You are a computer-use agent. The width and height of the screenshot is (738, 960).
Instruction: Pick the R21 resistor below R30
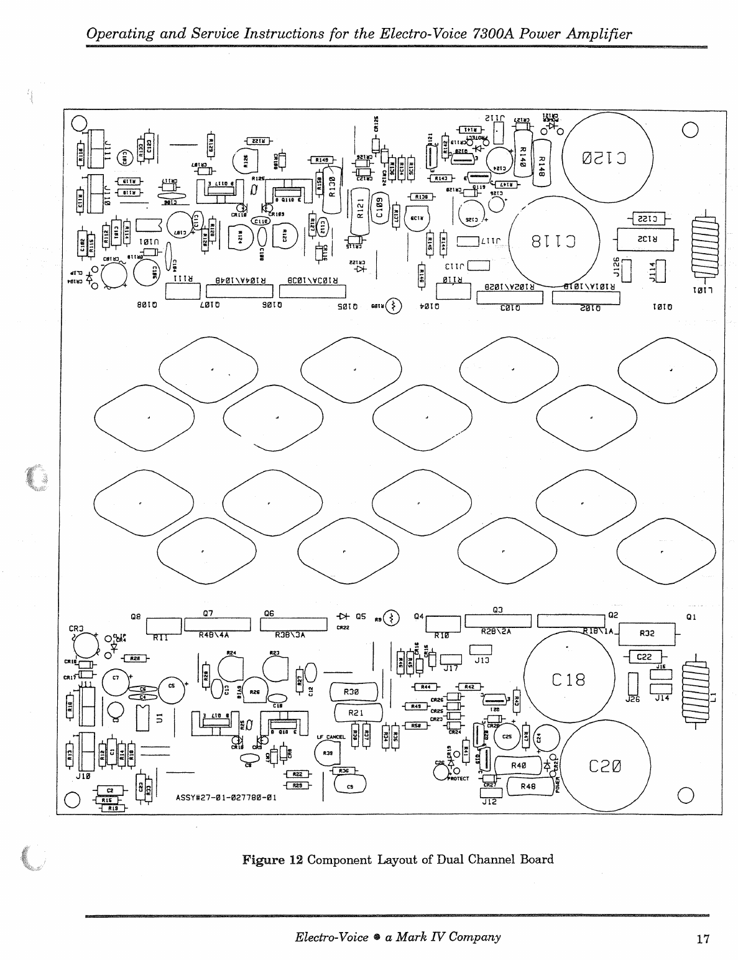point(356,713)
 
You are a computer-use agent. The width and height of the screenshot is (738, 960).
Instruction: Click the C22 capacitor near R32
point(647,657)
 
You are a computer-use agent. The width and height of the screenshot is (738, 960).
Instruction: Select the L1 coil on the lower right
point(696,693)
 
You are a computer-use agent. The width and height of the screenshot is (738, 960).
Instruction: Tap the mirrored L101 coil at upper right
point(702,246)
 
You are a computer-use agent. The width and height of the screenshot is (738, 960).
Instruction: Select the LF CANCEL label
point(331,737)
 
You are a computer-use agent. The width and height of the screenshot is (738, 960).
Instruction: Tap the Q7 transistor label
point(210,613)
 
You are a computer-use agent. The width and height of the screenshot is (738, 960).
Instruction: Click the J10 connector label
point(83,777)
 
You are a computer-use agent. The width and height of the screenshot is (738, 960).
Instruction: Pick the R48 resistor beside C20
point(528,787)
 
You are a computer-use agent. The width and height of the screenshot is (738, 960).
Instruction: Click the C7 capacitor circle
point(116,681)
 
